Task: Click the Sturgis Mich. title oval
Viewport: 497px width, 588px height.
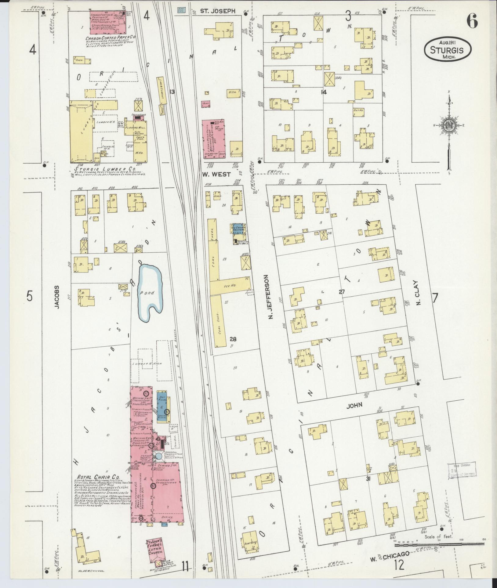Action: [x=447, y=49]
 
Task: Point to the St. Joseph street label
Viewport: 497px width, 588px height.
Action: [x=218, y=11]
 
